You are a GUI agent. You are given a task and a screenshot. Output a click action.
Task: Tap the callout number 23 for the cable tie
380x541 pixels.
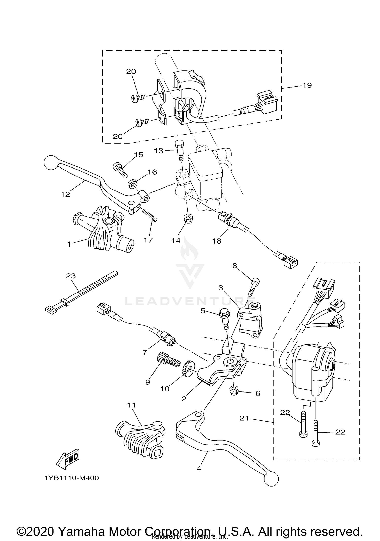point(71,276)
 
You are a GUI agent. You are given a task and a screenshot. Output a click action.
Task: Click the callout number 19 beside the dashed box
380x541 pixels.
point(307,85)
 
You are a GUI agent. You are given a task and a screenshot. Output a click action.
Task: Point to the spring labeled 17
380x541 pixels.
point(149,215)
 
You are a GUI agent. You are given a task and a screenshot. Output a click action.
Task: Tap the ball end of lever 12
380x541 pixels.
point(51,162)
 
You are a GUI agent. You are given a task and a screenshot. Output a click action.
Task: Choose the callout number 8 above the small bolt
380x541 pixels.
point(235,266)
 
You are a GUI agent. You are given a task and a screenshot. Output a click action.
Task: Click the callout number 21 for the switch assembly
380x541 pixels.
point(244,418)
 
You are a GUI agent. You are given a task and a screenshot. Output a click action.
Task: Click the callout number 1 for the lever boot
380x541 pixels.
point(69,244)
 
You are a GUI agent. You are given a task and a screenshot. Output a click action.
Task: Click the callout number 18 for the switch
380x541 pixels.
point(217,241)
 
